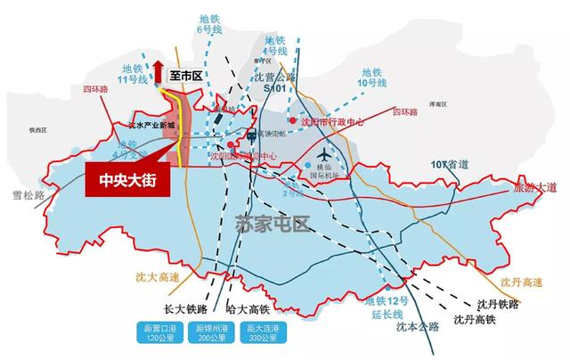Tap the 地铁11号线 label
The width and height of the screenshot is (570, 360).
click(133, 74)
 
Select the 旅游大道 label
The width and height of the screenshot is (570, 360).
click(533, 188)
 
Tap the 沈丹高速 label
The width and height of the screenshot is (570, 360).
click(521, 283)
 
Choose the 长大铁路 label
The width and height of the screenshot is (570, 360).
click(186, 308)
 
